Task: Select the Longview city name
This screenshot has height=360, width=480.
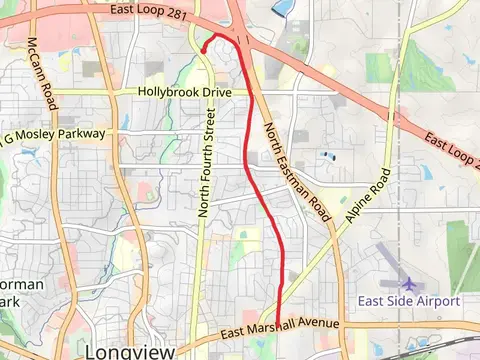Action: pos(125,351)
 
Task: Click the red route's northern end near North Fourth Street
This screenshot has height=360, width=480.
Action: pos(203,47)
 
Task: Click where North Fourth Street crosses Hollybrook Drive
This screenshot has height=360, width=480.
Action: pos(204,92)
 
